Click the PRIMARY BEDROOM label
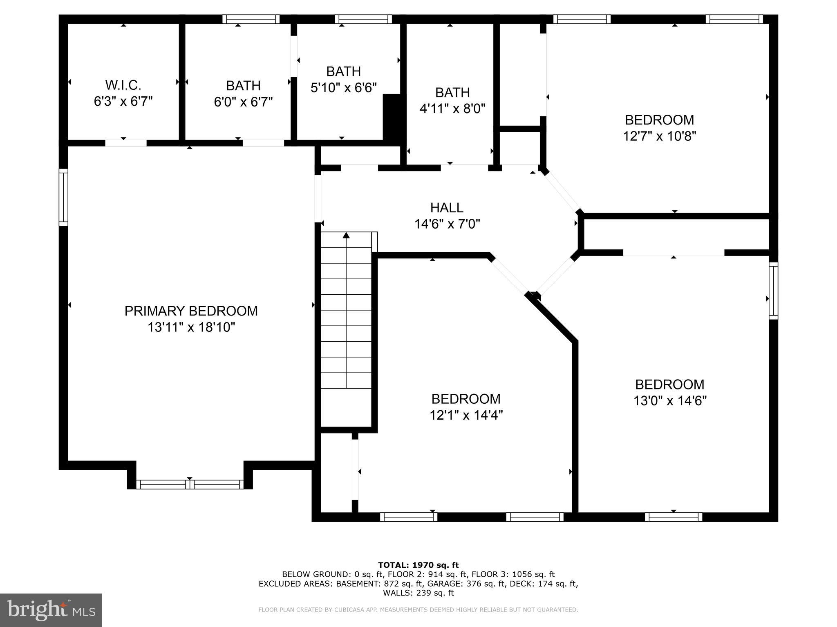(x=191, y=311)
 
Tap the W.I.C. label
(x=123, y=85)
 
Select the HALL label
(x=447, y=208)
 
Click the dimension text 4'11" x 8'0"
(x=452, y=109)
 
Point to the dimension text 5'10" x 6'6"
(x=343, y=88)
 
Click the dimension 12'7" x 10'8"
(x=659, y=136)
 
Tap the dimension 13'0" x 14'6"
(x=670, y=401)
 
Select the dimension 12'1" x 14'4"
(x=466, y=415)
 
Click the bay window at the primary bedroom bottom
(x=190, y=485)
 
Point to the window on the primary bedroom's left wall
(x=63, y=197)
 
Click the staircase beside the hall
(x=346, y=310)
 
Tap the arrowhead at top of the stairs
(x=346, y=235)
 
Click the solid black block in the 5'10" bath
(x=392, y=118)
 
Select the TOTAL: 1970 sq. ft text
(x=418, y=565)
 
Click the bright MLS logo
(x=51, y=610)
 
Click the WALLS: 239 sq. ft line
(x=418, y=593)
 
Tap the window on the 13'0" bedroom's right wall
(x=773, y=291)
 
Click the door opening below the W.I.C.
(x=126, y=143)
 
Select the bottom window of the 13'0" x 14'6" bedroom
(x=674, y=517)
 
